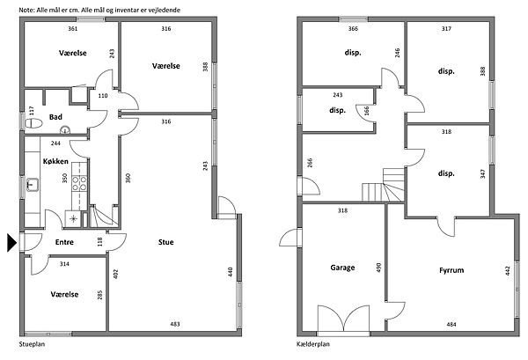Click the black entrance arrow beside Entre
(11, 242)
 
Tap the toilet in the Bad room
(33, 123)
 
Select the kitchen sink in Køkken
(33, 185)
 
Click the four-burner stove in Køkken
(79, 184)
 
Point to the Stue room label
(166, 242)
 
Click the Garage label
(342, 268)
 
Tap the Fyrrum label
(451, 270)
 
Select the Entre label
(64, 242)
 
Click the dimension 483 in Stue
(175, 324)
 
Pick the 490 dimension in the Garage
(378, 268)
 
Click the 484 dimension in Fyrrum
(451, 324)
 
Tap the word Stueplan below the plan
(32, 344)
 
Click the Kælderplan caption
(313, 344)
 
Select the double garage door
(343, 319)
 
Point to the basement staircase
(383, 185)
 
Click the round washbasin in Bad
(64, 129)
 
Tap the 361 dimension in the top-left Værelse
(73, 29)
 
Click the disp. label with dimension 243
(337, 110)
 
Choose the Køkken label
(55, 161)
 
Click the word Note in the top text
(26, 10)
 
